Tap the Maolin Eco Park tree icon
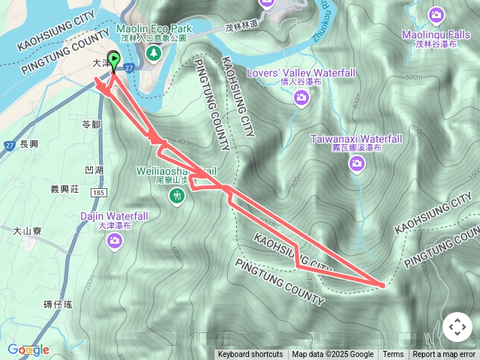[x=154, y=53]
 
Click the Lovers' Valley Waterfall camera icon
[x=301, y=97]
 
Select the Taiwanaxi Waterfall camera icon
[x=356, y=163]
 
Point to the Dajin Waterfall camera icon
[x=115, y=240]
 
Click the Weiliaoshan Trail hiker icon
[x=177, y=196]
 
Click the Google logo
[x=28, y=349]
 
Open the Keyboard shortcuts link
[x=250, y=355]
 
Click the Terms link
[x=393, y=355]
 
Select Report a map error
[x=444, y=355]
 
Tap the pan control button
[x=457, y=327]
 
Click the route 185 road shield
[x=98, y=193]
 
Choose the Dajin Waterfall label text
[x=114, y=216]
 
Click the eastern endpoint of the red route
[x=382, y=285]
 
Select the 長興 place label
[x=30, y=144]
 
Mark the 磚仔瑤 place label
[x=58, y=304]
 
